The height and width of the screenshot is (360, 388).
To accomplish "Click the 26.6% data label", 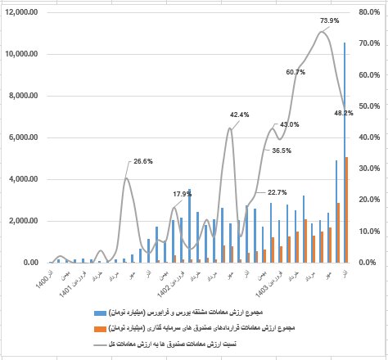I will (x=142, y=161).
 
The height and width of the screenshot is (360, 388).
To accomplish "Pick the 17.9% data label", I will (x=182, y=194).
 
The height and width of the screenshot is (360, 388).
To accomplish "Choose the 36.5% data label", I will (x=282, y=151).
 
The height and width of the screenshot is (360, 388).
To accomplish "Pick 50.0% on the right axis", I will (x=369, y=106).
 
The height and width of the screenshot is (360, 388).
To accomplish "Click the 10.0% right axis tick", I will (x=369, y=232).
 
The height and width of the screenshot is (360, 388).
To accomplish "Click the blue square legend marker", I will (x=97, y=312).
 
